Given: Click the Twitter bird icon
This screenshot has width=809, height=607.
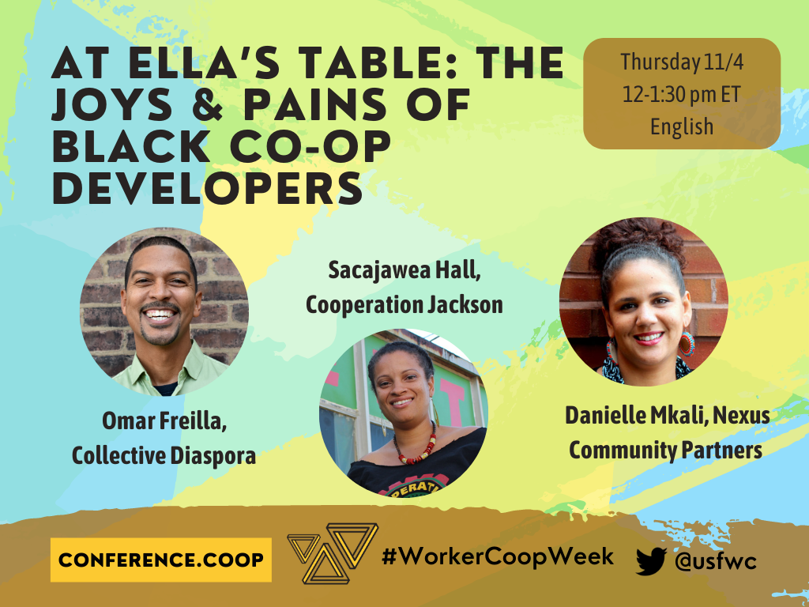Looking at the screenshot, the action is pyautogui.click(x=651, y=561).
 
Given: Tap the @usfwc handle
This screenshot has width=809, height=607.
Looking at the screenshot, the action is pyautogui.click(x=716, y=561).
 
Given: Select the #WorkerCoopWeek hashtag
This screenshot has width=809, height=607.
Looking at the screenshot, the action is pyautogui.click(x=498, y=557).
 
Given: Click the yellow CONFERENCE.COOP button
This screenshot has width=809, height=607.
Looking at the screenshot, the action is pyautogui.click(x=161, y=560).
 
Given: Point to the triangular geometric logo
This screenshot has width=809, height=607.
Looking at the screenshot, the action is pyautogui.click(x=333, y=552).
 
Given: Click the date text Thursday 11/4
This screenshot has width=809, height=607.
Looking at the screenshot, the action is pyautogui.click(x=682, y=62).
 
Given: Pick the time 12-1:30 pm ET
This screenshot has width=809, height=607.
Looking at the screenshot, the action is pyautogui.click(x=681, y=95).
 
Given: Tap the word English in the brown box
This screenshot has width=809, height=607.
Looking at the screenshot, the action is pyautogui.click(x=682, y=126).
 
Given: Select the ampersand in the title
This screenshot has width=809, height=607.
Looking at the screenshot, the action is pyautogui.click(x=208, y=105).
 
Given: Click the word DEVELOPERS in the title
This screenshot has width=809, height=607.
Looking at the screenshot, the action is pyautogui.click(x=208, y=188).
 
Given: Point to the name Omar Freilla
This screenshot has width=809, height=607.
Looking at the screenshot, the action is pyautogui.click(x=164, y=421).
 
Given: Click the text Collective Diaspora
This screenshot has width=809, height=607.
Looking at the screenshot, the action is pyautogui.click(x=164, y=456).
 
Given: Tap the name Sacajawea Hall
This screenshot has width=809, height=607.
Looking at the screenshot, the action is pyautogui.click(x=404, y=270).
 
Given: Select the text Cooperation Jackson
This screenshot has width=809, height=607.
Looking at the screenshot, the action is pyautogui.click(x=404, y=304).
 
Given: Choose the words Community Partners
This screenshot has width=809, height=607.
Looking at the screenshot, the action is pyautogui.click(x=665, y=450).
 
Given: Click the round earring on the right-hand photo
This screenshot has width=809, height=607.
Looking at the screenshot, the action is pyautogui.click(x=687, y=344).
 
